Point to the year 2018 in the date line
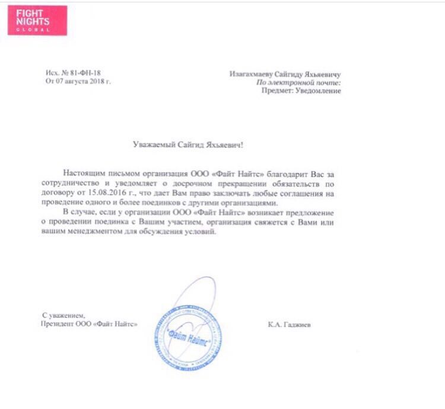[94, 81]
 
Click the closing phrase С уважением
[63, 315]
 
